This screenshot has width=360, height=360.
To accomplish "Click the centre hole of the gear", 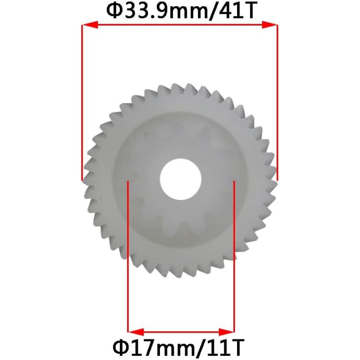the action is click(181, 179).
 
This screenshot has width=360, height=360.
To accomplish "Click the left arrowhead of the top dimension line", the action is click(90, 25).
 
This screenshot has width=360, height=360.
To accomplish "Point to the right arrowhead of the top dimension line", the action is click(270, 25).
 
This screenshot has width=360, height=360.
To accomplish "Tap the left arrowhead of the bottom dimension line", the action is click(136, 332).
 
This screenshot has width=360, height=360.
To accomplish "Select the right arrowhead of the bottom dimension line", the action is click(227, 332).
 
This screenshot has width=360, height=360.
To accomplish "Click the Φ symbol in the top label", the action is click(116, 11).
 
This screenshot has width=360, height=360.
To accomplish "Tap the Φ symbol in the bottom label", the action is click(121, 347).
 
